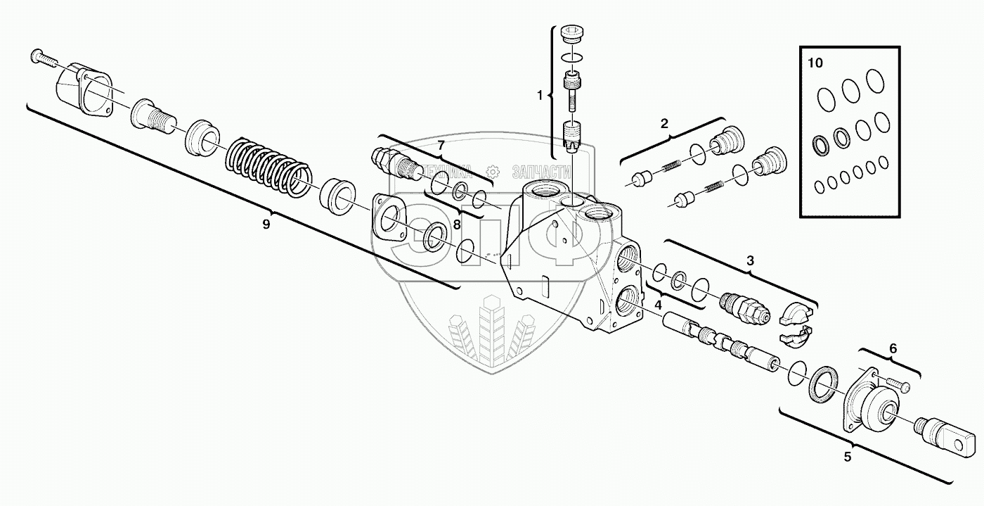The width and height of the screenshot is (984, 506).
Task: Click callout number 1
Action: click(x=540, y=94)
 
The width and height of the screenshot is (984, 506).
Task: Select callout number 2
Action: click(x=664, y=125)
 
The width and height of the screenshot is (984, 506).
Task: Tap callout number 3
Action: click(x=750, y=260)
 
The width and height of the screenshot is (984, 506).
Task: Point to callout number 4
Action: click(x=659, y=305)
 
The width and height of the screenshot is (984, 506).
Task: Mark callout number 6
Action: click(x=893, y=348)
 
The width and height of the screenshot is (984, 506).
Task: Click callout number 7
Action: click(x=441, y=146)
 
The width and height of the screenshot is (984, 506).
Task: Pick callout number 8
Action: click(x=456, y=225)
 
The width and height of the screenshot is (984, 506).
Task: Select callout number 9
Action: click(x=266, y=224)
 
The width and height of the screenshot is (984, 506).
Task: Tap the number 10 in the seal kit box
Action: click(x=815, y=63)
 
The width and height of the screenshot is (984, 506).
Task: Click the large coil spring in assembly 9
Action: click(x=267, y=165)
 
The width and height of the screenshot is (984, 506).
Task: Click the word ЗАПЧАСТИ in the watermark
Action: click(x=542, y=171)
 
